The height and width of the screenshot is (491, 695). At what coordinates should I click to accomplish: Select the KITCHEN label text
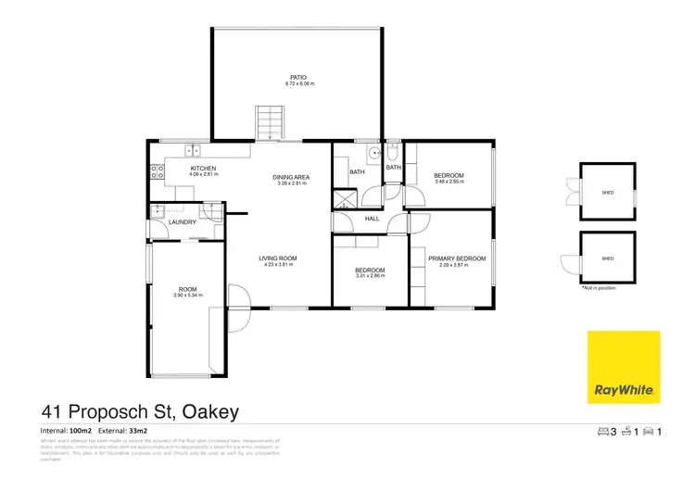[203, 169]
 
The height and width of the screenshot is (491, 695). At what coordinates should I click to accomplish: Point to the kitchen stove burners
[155, 170]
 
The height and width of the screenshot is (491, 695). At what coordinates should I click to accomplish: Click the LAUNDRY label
[181, 222]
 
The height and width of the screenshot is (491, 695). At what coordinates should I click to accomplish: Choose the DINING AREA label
[290, 177]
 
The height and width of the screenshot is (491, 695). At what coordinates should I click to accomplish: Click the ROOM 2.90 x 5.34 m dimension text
[187, 295]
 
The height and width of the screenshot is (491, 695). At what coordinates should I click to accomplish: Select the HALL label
[372, 219]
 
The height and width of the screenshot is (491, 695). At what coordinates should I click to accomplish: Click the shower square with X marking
[345, 197]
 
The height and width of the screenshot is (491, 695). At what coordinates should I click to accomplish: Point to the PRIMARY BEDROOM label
[454, 258]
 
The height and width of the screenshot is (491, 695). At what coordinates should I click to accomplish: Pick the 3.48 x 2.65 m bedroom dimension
[449, 182]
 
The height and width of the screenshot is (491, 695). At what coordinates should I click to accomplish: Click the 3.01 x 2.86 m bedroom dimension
[369, 276]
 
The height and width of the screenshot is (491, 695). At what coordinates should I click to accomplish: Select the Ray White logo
[624, 367]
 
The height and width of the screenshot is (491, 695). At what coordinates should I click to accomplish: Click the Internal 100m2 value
[80, 432]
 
